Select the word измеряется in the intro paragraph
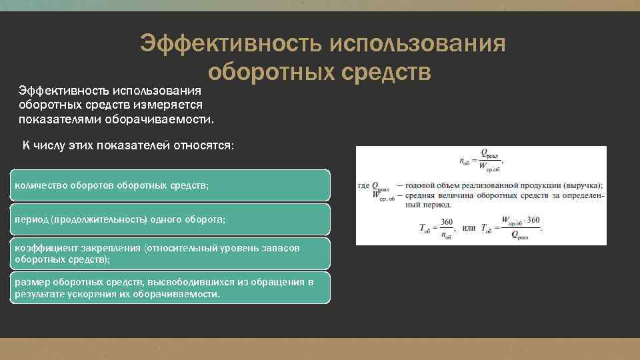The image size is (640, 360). [x=179, y=105]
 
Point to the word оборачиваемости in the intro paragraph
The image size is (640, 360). [x=164, y=119]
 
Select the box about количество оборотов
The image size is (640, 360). [x=170, y=185]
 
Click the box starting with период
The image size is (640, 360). [x=170, y=219]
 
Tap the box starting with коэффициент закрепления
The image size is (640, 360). [x=170, y=253]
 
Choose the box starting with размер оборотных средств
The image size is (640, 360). [x=170, y=287]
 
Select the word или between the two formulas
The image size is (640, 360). [x=469, y=228]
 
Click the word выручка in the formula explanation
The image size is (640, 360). [x=583, y=185]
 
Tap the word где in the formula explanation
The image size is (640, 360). [x=363, y=185]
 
